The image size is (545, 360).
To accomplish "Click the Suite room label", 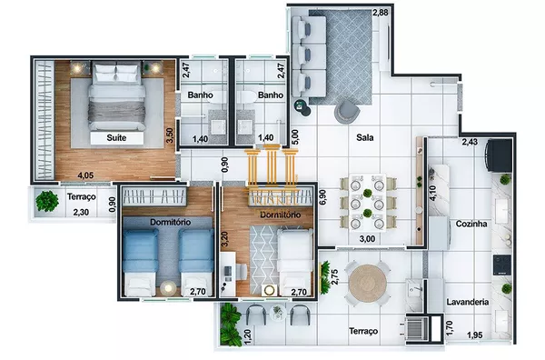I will (x=115, y=138).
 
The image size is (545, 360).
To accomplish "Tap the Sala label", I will (x=367, y=138).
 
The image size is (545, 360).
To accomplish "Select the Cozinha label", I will (x=473, y=223).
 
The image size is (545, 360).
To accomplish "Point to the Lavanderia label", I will (x=469, y=302).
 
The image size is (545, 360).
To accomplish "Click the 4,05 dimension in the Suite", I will (x=85, y=175).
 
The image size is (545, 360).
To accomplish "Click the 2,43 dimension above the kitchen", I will (x=470, y=142).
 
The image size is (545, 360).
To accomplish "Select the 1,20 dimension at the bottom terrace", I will (x=248, y=335).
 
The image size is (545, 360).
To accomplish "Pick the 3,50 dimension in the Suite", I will (x=169, y=135).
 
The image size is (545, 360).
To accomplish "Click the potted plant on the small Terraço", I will (x=45, y=200).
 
